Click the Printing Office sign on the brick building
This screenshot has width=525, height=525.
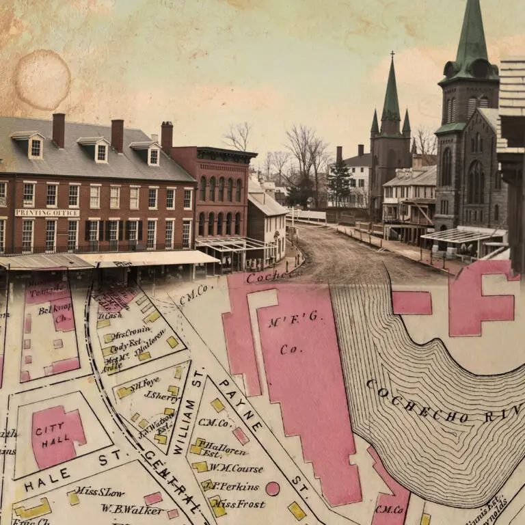[x=47, y=213]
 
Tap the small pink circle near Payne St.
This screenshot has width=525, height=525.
[x=272, y=488]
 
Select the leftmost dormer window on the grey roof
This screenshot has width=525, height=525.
[x=34, y=146]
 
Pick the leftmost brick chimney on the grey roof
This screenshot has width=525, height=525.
[x=58, y=130]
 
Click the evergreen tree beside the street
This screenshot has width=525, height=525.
[x=340, y=180]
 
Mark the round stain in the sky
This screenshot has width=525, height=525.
[x=42, y=79]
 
